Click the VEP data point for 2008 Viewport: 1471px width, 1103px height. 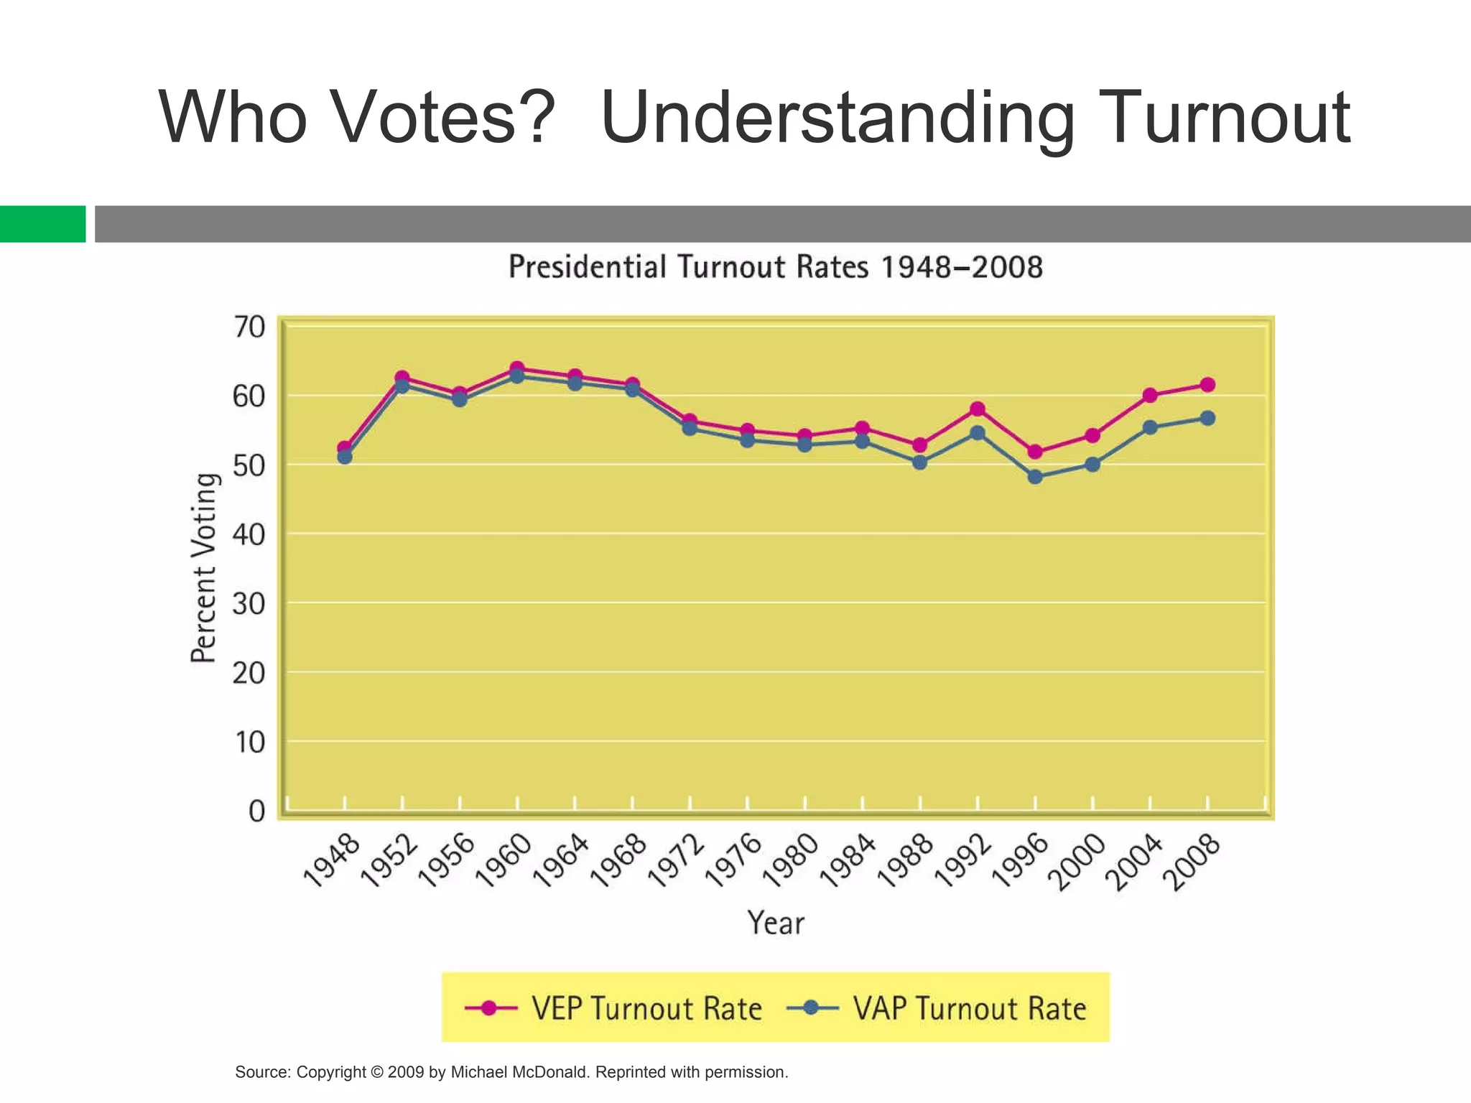[x=1207, y=385]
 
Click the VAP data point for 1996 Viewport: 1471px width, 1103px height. [x=1035, y=477]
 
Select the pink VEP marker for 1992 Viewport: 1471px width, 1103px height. [x=978, y=409]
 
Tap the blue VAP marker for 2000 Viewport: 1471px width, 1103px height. [x=1092, y=465]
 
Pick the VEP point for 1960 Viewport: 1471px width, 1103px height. [x=517, y=369]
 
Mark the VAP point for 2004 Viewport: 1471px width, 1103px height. [x=1150, y=427]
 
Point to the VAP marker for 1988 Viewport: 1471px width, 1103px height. [x=920, y=462]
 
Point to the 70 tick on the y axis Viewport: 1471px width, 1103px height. [x=249, y=327]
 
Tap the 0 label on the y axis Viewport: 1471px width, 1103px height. [x=256, y=812]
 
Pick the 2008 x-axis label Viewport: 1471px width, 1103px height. [x=1192, y=862]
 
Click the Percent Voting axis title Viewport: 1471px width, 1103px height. [x=203, y=568]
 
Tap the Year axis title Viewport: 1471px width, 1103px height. [x=776, y=923]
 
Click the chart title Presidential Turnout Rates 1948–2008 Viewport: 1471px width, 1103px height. [x=776, y=267]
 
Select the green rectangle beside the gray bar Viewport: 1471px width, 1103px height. [x=42, y=224]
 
